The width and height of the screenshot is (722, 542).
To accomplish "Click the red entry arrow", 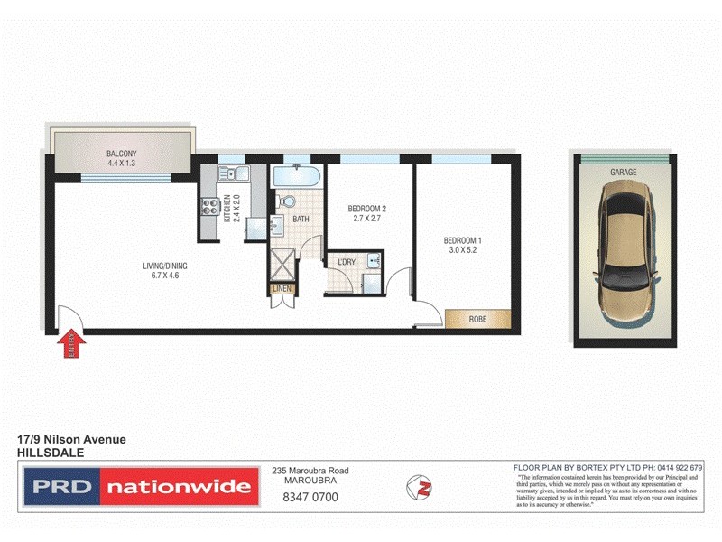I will (71, 345).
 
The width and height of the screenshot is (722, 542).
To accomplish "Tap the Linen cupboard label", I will (282, 290).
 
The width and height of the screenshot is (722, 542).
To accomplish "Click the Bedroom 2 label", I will (366, 210).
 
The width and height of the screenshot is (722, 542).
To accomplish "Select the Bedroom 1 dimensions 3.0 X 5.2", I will (463, 251).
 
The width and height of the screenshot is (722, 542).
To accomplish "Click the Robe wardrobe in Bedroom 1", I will (477, 320).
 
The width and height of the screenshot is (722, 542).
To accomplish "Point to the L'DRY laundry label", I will (347, 262).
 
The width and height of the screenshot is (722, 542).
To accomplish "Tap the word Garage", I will (624, 172).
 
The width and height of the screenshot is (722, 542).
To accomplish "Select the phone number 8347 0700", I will (310, 496).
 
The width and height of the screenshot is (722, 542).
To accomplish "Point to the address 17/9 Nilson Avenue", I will (72, 439).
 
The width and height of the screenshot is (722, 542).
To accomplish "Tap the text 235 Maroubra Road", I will (310, 471).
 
